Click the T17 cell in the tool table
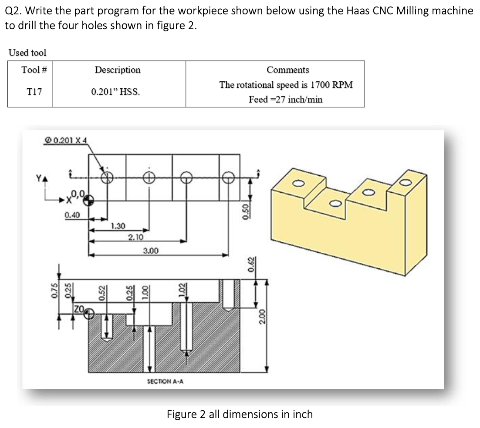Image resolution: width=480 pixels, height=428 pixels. click(31, 92)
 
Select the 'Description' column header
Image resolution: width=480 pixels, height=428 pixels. click(118, 70)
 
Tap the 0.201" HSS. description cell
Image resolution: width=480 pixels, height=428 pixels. click(115, 92)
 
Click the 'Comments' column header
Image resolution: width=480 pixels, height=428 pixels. click(287, 70)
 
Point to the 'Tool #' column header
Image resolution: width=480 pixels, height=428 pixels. click(31, 70)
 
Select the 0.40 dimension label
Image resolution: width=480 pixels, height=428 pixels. click(72, 214)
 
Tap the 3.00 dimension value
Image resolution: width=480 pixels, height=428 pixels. click(151, 251)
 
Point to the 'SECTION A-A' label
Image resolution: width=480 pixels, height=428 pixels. click(165, 381)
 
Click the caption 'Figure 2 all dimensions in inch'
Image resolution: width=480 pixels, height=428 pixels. click(240, 414)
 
